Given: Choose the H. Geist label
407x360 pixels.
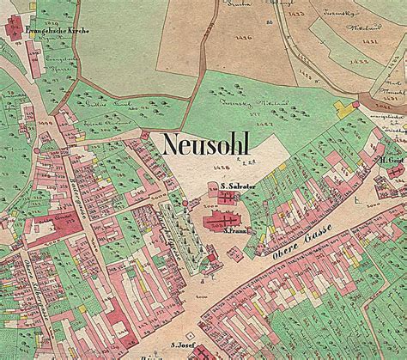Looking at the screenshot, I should [x=391, y=160].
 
